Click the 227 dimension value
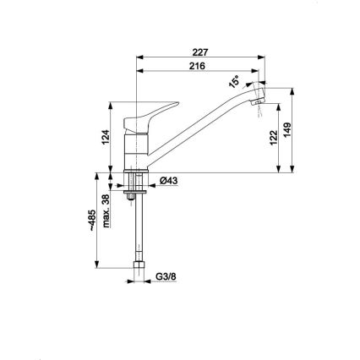[x=199, y=52]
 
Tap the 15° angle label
[x=234, y=82]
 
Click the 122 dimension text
[x=274, y=139]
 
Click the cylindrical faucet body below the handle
[x=134, y=152]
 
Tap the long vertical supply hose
[x=134, y=232]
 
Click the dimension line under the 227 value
[x=199, y=58]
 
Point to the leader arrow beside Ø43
[x=150, y=180]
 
